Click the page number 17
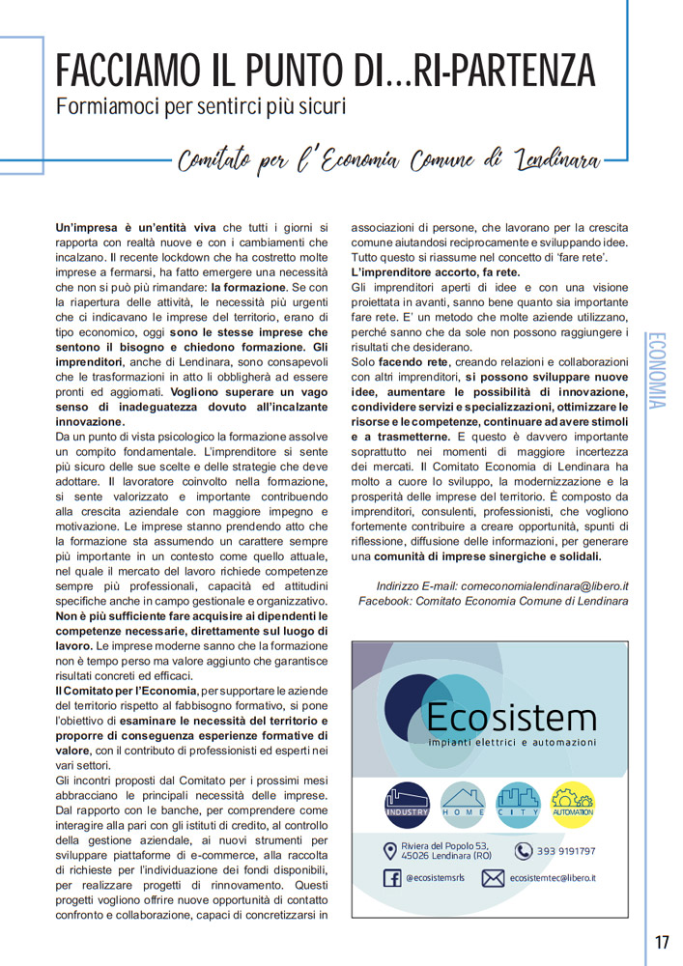point(662,942)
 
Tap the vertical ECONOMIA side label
point(657,371)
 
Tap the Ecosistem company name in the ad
point(511,718)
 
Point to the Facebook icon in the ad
point(392,878)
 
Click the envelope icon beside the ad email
point(493,878)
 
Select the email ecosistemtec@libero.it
point(553,878)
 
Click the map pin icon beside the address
point(389,851)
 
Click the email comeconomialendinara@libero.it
point(544,585)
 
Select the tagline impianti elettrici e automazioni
point(512,742)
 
